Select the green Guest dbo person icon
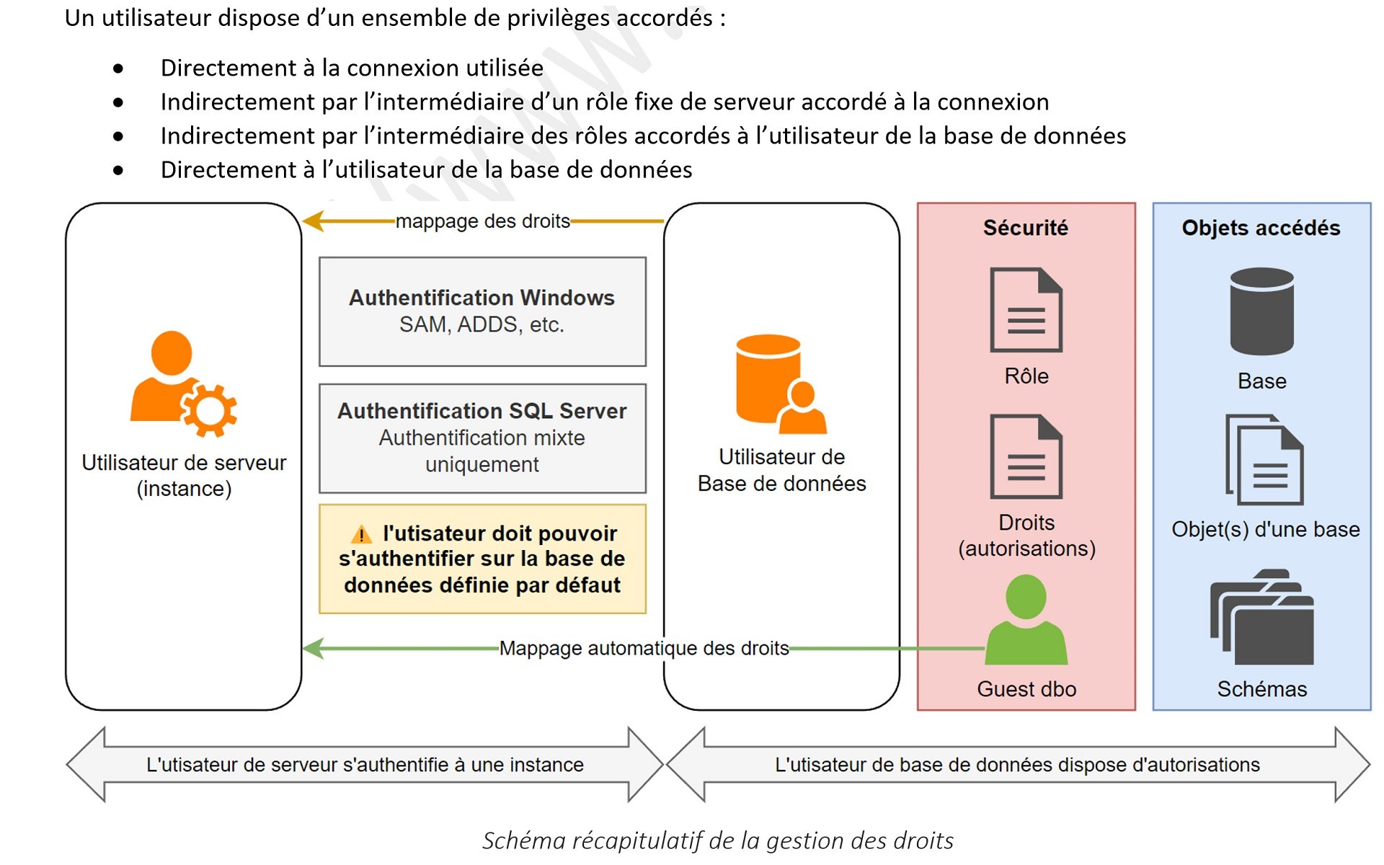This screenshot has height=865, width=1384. point(1026,621)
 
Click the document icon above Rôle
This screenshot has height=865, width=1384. point(1026,310)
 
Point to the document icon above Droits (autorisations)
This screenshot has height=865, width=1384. point(1026,456)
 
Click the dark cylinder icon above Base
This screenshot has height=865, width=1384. point(1261,311)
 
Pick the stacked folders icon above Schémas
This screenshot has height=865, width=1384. point(1261,618)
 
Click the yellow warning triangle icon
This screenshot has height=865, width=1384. point(361,535)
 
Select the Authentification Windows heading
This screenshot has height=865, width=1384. point(482,298)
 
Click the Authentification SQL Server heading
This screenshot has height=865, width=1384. point(482,411)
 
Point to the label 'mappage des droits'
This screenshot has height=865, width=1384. point(482,221)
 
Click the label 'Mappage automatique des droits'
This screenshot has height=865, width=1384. point(644,648)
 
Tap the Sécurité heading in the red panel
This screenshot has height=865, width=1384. point(1026,228)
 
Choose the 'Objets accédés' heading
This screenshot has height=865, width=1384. point(1261,228)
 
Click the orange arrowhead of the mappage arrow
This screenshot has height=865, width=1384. point(313,221)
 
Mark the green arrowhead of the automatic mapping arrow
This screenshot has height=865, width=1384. point(313,648)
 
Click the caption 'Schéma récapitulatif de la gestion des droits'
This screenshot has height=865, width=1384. point(717,840)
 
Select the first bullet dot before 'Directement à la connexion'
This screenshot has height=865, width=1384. point(118,68)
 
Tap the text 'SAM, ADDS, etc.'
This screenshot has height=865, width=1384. point(482,325)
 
